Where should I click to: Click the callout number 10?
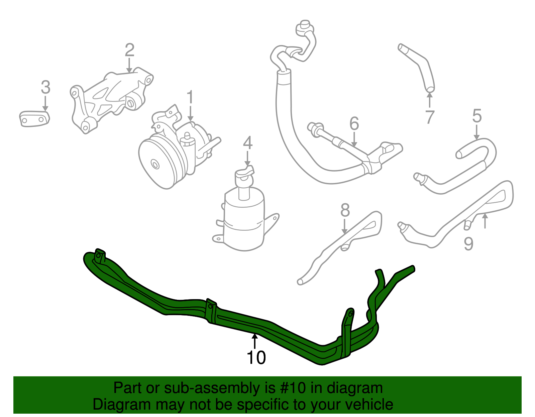coord(256,358)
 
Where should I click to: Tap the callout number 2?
coord(130,50)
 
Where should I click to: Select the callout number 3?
coord(45,87)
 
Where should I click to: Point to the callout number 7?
coord(430,117)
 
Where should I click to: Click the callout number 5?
coord(477,116)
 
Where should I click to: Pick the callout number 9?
coord(469,244)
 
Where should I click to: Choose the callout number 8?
coord(345,210)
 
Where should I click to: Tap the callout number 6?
coord(354,124)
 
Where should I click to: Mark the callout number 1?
coord(190,97)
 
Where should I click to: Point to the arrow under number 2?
coord(129,65)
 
